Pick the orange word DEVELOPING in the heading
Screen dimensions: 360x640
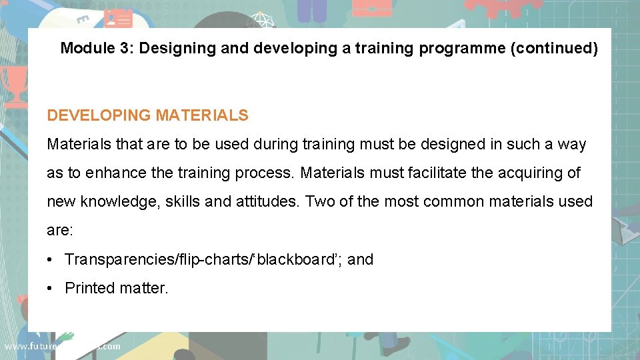[99, 115]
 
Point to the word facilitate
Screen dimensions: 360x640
[435, 173]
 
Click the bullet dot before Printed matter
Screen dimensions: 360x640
[51, 288]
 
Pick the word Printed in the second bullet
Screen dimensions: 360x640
[89, 288]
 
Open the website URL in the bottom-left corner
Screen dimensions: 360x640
[62, 346]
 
